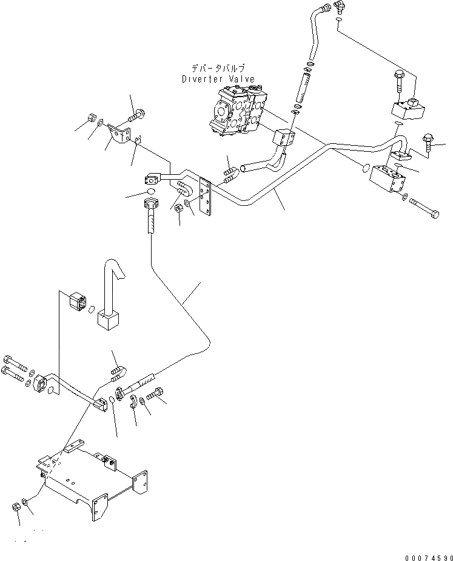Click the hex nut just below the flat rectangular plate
click(x=180, y=208)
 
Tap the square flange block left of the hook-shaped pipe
click(x=76, y=302)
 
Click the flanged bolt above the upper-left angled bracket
click(x=133, y=115)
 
